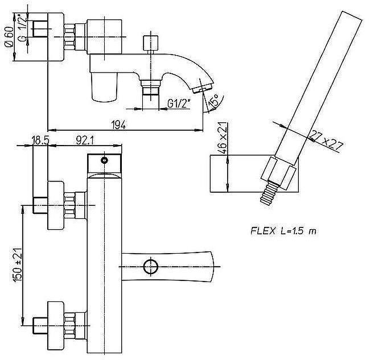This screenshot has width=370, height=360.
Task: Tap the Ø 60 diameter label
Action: (9, 37)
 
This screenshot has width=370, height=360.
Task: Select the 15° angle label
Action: (213, 101)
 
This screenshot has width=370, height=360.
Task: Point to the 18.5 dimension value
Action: (40, 140)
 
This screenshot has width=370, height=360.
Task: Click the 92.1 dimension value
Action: (85, 140)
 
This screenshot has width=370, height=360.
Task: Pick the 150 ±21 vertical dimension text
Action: (18, 264)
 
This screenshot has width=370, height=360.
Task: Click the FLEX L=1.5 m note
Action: (283, 231)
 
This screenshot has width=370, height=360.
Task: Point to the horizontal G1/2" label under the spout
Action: (179, 104)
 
